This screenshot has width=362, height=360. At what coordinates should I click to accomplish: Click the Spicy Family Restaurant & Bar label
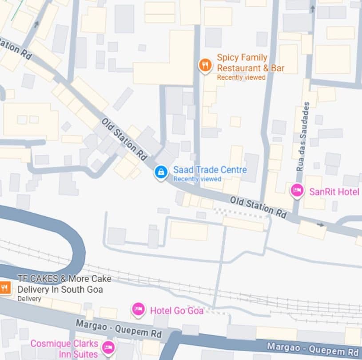pyautogui.click(x=250, y=63)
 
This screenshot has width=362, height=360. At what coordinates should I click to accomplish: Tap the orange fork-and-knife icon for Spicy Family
pyautogui.click(x=205, y=66)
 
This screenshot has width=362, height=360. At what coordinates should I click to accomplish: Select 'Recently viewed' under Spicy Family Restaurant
pyautogui.click(x=241, y=78)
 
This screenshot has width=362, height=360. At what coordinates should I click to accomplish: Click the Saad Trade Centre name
pyautogui.click(x=210, y=170)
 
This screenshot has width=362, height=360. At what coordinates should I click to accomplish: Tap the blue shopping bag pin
pyautogui.click(x=161, y=172)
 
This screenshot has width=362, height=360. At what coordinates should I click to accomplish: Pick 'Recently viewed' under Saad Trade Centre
pyautogui.click(x=197, y=179)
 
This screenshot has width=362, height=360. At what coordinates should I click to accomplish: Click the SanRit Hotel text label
pyautogui.click(x=334, y=192)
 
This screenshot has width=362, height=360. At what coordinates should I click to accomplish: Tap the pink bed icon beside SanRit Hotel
pyautogui.click(x=297, y=191)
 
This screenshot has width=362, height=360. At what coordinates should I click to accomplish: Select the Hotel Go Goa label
pyautogui.click(x=176, y=310)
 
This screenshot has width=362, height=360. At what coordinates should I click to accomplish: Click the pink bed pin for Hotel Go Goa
pyautogui.click(x=139, y=309)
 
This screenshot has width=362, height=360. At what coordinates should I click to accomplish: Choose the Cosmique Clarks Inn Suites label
pyautogui.click(x=64, y=349)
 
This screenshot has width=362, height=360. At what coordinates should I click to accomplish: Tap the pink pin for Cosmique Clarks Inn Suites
pyautogui.click(x=108, y=347)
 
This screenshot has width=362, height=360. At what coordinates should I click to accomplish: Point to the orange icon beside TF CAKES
pyautogui.click(x=4, y=288)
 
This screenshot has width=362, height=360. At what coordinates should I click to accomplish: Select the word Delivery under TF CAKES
pyautogui.click(x=29, y=299)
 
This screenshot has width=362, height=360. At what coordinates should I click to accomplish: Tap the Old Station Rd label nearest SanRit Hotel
pyautogui.click(x=258, y=207)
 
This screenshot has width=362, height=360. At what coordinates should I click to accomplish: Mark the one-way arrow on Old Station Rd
pyautogui.click(x=321, y=225)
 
